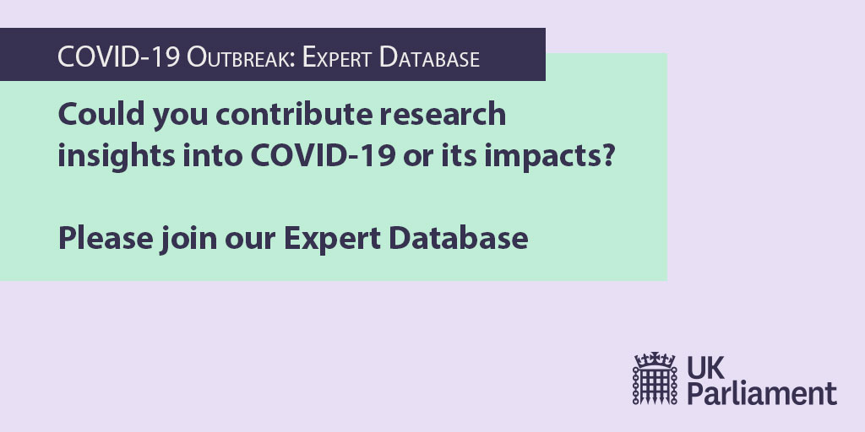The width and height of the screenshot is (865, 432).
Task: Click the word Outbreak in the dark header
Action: (241, 58)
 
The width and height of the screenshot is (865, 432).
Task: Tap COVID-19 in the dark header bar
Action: (118, 58)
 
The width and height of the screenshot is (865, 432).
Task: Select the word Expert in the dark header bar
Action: (337, 58)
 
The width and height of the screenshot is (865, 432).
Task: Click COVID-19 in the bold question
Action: (323, 156)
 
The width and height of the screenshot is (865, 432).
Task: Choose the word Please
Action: (105, 239)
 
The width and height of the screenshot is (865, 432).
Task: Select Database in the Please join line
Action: (459, 239)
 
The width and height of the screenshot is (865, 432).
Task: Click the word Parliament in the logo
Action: (762, 393)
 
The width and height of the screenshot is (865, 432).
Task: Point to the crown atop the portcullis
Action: (655, 359)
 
